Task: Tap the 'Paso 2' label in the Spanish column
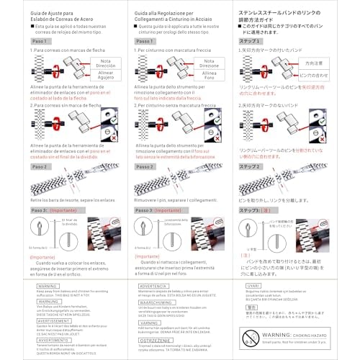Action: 41,166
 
